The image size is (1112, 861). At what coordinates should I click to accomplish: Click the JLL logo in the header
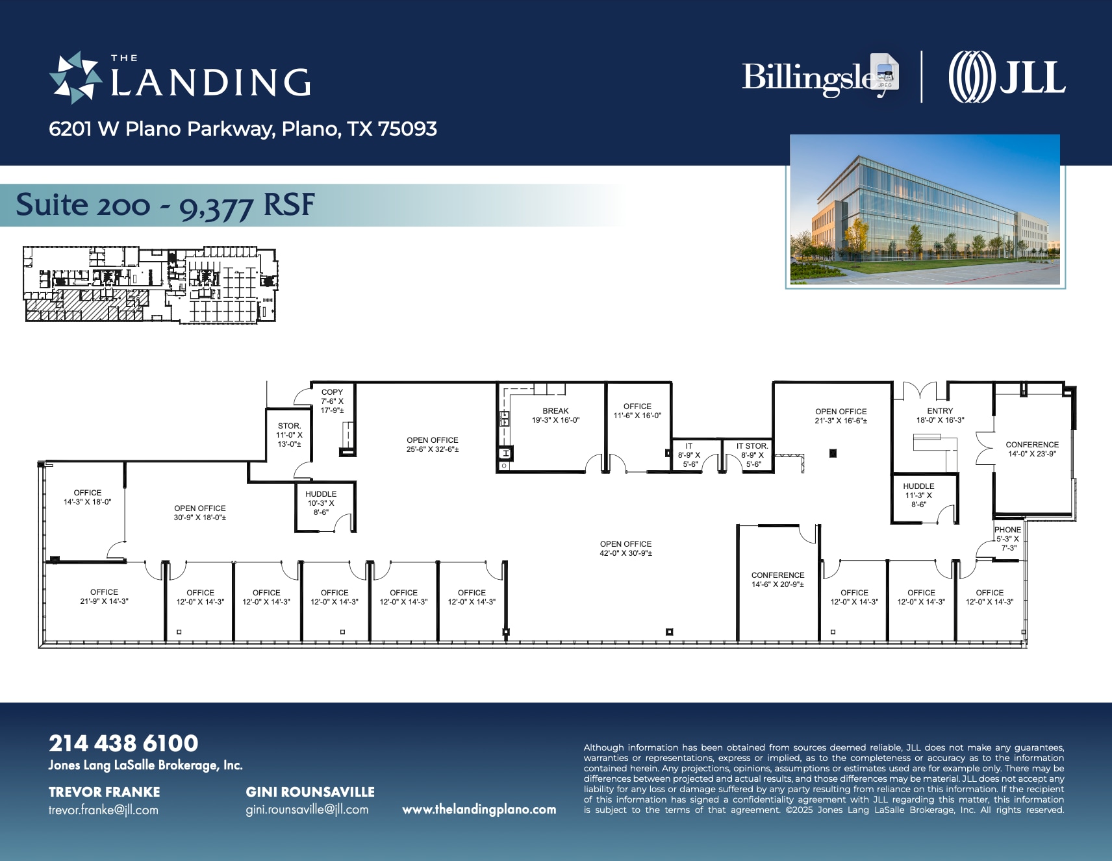[1006, 77]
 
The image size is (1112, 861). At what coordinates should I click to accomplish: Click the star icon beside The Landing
[75, 78]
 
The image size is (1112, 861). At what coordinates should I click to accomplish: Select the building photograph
[924, 209]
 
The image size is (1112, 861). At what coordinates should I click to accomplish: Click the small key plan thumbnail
[150, 284]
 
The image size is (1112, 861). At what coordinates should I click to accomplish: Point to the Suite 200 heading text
[165, 205]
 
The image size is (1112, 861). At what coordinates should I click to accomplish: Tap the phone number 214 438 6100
[123, 743]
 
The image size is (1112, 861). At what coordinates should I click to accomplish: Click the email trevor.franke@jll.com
[103, 810]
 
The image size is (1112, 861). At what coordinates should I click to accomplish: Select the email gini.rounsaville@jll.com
[307, 810]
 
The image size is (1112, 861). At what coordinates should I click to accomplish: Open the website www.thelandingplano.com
[479, 809]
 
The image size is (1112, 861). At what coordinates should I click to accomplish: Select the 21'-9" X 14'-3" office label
[104, 596]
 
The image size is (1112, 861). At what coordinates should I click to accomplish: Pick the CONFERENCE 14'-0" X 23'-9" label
[1032, 449]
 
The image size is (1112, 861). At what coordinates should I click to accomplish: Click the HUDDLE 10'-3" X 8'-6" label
[321, 503]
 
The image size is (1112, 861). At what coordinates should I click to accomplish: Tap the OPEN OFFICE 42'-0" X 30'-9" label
[625, 548]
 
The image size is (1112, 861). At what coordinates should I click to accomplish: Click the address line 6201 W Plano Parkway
[242, 129]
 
